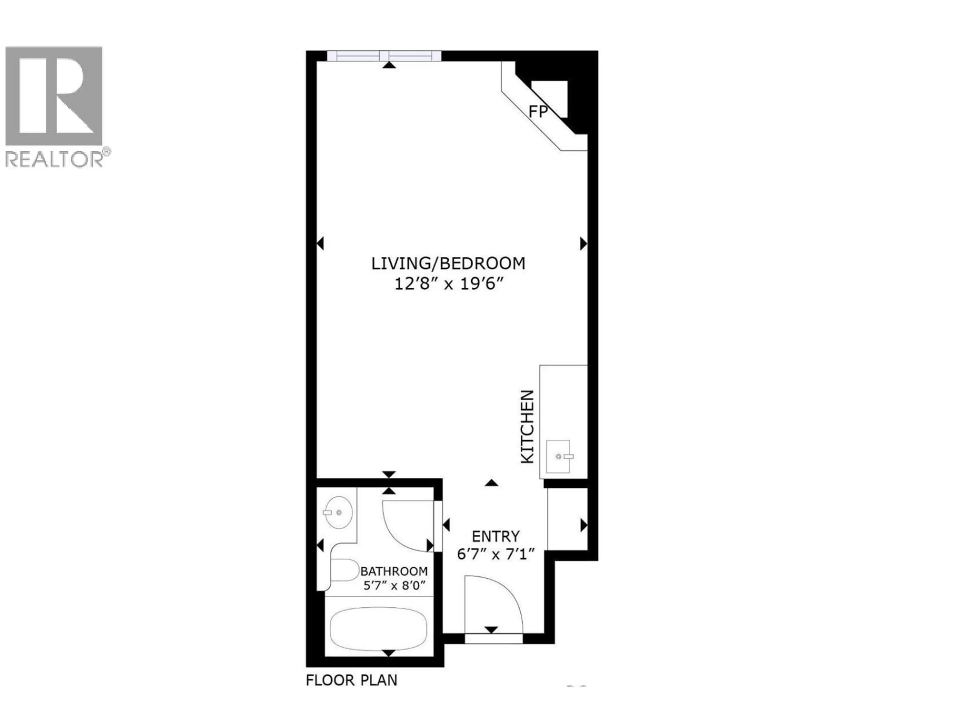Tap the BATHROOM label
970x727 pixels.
coord(394,572)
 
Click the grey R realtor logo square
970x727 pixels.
coord(54,96)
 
